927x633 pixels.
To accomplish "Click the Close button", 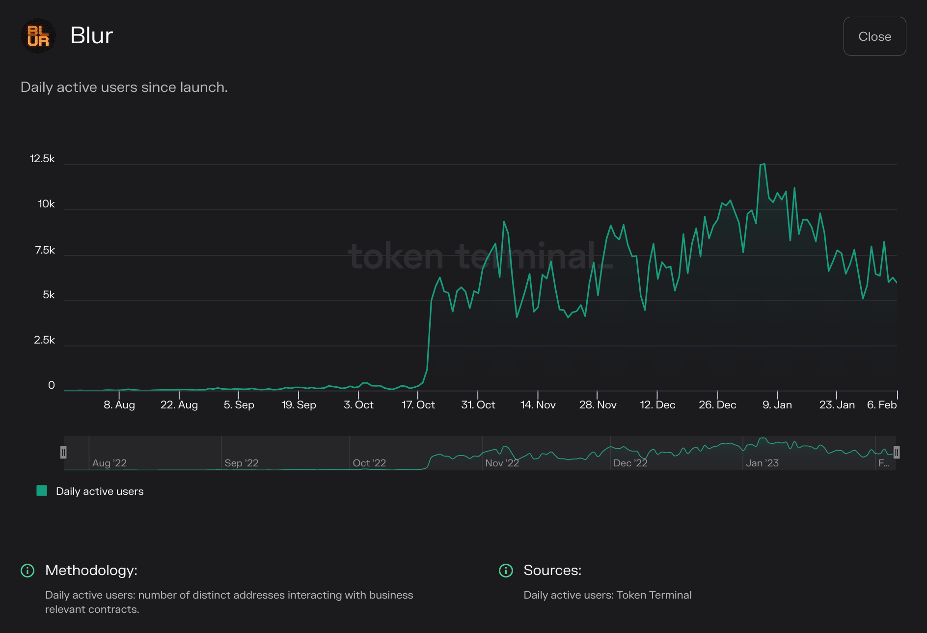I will (x=874, y=36).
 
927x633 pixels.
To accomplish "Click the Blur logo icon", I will (x=38, y=36).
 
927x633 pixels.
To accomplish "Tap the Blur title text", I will (x=91, y=35).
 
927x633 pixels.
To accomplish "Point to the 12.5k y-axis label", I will (x=42, y=159).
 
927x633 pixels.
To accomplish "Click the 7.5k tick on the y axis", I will (x=45, y=250).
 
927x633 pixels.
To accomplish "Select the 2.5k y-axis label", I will (x=44, y=340).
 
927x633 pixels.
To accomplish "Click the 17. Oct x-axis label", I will (x=418, y=405).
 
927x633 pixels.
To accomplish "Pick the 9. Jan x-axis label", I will (x=777, y=405).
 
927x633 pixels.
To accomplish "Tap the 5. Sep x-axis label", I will (x=239, y=405).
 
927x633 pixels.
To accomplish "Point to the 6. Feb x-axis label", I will (x=882, y=405).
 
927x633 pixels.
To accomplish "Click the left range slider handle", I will (x=63, y=452).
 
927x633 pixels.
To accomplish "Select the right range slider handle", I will (x=897, y=452).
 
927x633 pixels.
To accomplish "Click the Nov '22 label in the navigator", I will (x=502, y=463).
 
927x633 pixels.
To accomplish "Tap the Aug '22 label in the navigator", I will (x=109, y=463).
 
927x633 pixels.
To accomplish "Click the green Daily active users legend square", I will (x=42, y=490).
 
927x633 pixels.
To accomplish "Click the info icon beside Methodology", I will (x=27, y=571).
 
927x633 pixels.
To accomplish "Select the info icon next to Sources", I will (x=506, y=571).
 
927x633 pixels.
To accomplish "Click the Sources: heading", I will (x=552, y=570).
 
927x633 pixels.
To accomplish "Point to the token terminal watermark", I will (x=480, y=257).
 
